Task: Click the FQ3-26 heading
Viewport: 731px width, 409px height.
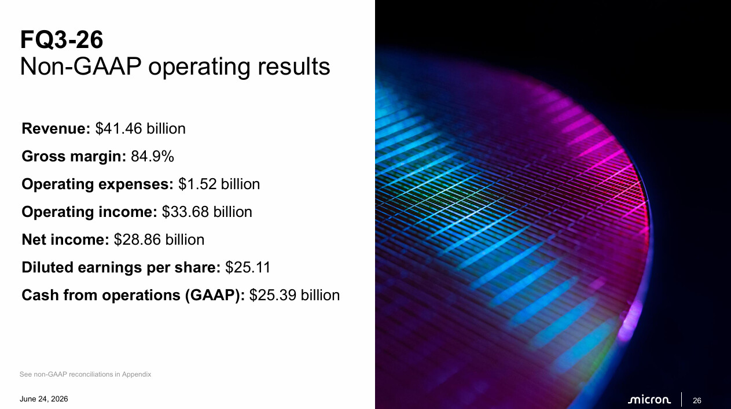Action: click(x=62, y=40)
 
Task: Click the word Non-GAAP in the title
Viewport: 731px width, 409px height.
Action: click(x=80, y=67)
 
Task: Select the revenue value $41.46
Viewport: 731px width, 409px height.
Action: click(x=119, y=128)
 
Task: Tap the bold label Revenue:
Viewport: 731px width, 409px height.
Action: click(x=56, y=128)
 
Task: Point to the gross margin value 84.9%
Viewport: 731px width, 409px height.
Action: click(x=152, y=156)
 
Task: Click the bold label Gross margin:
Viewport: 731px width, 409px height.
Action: click(x=74, y=157)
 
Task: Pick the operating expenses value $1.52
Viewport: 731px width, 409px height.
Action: click(x=197, y=184)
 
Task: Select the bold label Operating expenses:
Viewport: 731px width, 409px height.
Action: click(x=98, y=185)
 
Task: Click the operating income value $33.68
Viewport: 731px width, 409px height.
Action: click(x=185, y=212)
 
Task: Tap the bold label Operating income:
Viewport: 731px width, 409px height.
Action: click(x=89, y=212)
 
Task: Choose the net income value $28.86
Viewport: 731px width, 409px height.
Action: click(x=137, y=239)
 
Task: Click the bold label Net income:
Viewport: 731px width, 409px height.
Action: click(x=65, y=239)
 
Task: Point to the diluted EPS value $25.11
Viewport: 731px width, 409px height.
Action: click(x=248, y=267)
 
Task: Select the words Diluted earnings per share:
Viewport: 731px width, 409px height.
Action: click(x=121, y=267)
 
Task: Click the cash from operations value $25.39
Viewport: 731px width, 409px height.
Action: click(x=273, y=295)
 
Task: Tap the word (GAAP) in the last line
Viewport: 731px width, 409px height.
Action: click(x=215, y=296)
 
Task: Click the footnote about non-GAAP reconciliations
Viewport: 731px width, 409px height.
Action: click(x=85, y=374)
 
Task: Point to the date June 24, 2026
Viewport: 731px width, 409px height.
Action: click(x=44, y=399)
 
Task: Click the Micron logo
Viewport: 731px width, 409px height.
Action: click(x=649, y=400)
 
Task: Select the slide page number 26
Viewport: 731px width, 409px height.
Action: click(x=697, y=400)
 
